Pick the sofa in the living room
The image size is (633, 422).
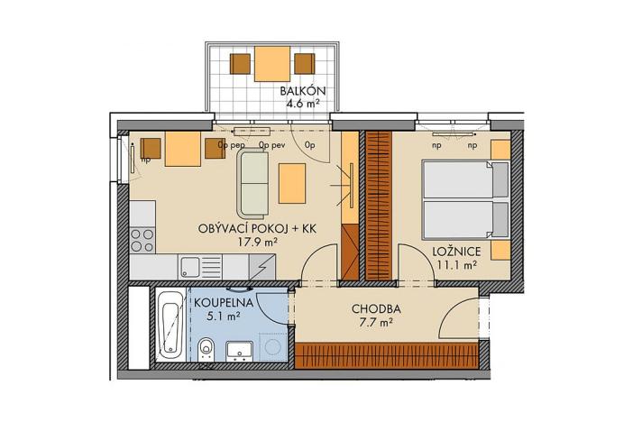tap(253, 182)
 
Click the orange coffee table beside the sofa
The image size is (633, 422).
tap(292, 183)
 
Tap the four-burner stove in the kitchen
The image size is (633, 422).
tap(142, 239)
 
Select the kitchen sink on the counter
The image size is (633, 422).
tap(190, 266)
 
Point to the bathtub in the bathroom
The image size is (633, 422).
tap(169, 326)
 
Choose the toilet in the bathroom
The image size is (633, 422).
tap(207, 347)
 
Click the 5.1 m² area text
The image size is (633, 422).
tap(216, 316)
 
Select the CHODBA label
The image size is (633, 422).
tap(376, 308)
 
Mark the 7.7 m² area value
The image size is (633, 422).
tap(376, 322)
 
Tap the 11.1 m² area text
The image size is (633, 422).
tap(454, 263)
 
